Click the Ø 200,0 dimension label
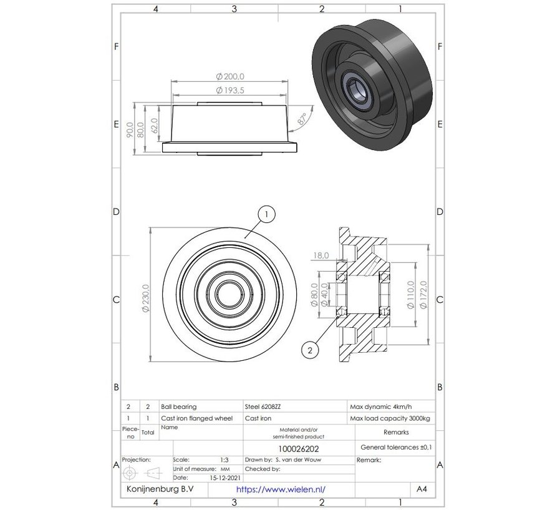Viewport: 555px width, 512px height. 230,77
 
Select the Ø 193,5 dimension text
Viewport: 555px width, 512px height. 230,91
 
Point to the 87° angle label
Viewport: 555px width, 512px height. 302,120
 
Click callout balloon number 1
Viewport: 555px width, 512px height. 266,215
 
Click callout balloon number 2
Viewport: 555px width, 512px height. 309,351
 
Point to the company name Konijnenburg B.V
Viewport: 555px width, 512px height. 160,490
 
